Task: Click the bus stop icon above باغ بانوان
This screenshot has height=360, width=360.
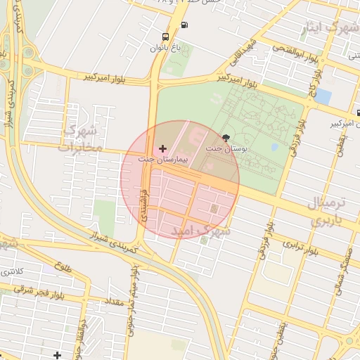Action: tap(165, 37)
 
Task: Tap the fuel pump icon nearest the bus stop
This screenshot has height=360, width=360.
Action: tap(184, 25)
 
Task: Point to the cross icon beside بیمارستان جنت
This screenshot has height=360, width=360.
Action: tap(163, 148)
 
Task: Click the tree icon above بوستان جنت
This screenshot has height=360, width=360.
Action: tap(226, 138)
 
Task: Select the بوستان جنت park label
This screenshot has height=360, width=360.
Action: tap(224, 149)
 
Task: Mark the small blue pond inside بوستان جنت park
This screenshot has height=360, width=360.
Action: tap(274, 148)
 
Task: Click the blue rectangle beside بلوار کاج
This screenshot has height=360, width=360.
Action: tap(323, 96)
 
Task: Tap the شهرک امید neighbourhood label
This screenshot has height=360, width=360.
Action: tap(196, 231)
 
